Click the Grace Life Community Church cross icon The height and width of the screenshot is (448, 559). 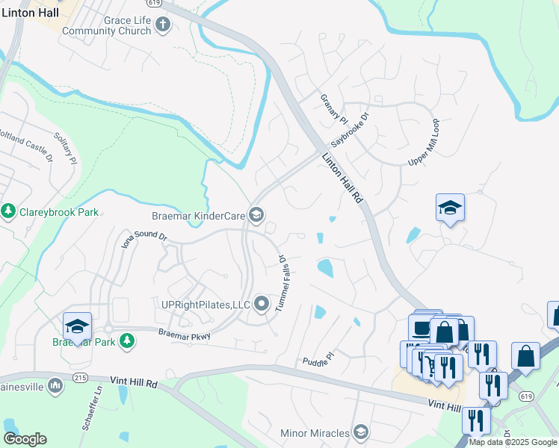click(164, 25)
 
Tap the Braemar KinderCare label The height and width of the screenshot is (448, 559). click(199, 217)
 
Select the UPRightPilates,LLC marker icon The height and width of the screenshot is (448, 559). click(262, 303)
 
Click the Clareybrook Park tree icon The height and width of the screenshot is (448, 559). click(9, 212)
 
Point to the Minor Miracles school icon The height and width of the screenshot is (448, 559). click(361, 433)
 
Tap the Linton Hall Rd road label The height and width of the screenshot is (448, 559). click(343, 178)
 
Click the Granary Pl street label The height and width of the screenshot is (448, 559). click(334, 110)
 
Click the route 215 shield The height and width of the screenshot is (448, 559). click(80, 378)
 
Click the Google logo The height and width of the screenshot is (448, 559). click(25, 439)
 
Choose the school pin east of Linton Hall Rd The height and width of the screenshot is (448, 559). click(451, 208)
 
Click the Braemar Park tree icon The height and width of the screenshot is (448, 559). click(128, 340)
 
